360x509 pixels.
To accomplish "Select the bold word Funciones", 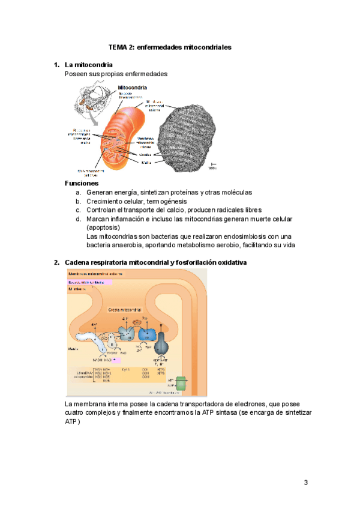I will pyautogui.click(x=81, y=182).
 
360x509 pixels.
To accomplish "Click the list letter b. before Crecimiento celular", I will pyautogui.click(x=79, y=201).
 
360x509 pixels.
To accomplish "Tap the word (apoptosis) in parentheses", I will pyautogui.click(x=103, y=228).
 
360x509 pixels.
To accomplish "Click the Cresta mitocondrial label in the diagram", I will pyautogui.click(x=125, y=310).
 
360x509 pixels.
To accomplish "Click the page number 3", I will pyautogui.click(x=305, y=483).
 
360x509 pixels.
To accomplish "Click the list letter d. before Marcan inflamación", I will pyautogui.click(x=79, y=219).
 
